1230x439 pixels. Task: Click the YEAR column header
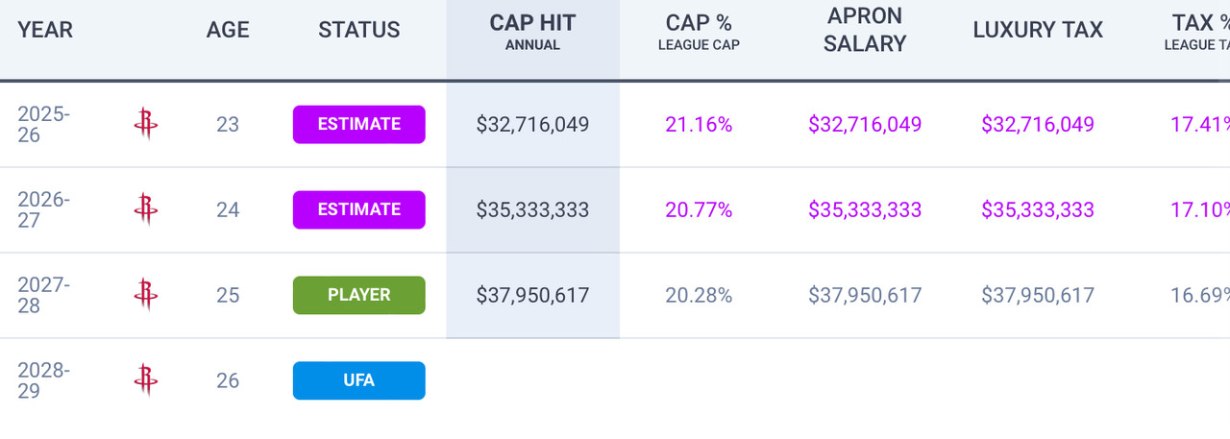tap(45, 30)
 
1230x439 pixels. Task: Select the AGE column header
tap(228, 30)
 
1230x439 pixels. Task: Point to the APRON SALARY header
tap(865, 31)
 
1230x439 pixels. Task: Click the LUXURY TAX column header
tap(1038, 30)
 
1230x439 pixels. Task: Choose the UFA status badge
tap(358, 380)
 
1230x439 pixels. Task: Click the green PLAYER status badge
tap(358, 295)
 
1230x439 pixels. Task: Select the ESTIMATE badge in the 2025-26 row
tap(358, 124)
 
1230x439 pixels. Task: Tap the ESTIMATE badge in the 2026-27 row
tap(358, 209)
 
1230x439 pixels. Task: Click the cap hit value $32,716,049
tap(532, 124)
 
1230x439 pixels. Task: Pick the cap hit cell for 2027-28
tap(532, 295)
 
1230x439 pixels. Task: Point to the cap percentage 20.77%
tap(699, 209)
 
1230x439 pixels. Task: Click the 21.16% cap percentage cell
tap(699, 124)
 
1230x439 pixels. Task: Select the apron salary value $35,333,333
tap(865, 209)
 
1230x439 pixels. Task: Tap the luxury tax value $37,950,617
tap(1038, 295)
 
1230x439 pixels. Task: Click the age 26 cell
tap(228, 380)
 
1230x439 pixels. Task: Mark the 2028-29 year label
tap(44, 380)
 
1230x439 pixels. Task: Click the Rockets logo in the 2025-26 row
tap(146, 124)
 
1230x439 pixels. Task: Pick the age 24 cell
tap(228, 209)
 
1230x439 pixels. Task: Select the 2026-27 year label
tap(44, 209)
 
